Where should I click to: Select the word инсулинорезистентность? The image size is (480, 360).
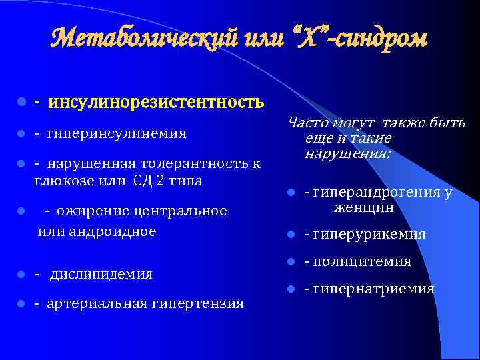154,102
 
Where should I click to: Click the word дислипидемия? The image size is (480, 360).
101,274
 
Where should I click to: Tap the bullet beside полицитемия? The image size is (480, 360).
290,262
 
